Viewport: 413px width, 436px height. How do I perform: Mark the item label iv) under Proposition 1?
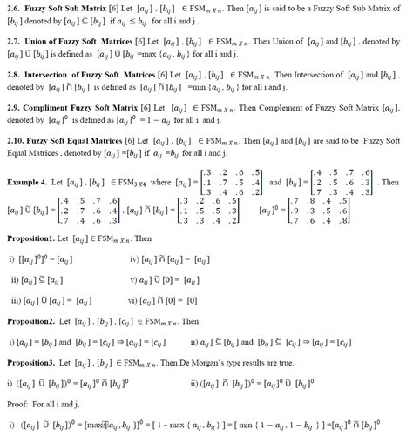(x=134, y=258)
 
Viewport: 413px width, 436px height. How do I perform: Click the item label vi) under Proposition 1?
(x=134, y=300)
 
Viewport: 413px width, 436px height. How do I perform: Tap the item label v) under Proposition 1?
(x=133, y=279)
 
